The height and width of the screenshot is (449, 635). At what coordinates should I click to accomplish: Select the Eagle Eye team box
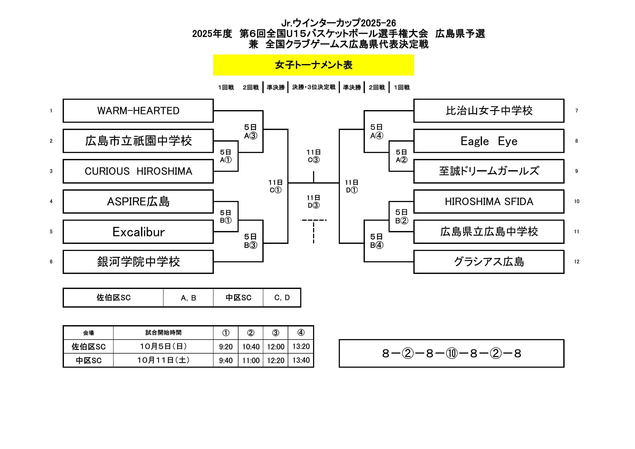point(489,141)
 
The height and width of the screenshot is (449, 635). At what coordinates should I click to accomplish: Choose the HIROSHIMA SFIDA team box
point(489,201)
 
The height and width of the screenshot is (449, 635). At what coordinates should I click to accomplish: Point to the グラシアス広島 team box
point(489,262)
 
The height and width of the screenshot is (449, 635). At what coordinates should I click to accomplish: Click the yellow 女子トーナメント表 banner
point(313,65)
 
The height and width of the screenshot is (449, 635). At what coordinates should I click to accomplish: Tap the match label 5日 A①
point(226,156)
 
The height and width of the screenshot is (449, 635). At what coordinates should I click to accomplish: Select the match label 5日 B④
point(376,241)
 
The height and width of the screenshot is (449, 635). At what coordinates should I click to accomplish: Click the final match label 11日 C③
point(313,156)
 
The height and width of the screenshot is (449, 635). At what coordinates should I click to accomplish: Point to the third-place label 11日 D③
point(313,201)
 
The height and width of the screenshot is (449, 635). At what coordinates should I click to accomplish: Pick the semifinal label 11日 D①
point(352,186)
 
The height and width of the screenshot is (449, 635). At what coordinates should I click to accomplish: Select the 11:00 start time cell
point(251,360)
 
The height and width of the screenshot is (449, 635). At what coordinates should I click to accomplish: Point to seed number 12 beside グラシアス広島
point(577,262)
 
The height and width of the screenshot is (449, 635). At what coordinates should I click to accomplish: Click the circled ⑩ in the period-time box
point(452,353)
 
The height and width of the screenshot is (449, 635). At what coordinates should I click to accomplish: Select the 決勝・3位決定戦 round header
point(314,87)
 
